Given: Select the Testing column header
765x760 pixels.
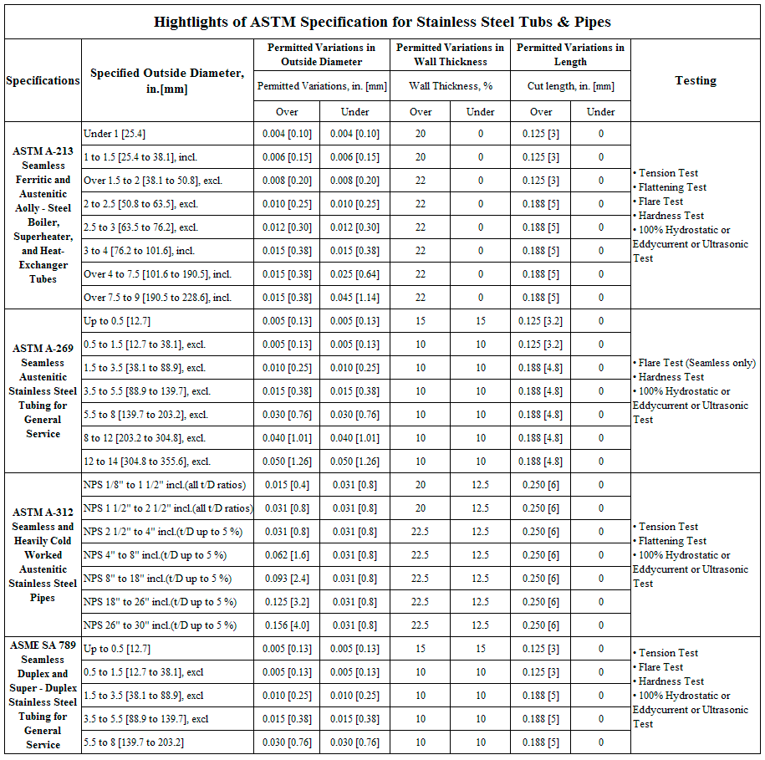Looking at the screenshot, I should point(696,81).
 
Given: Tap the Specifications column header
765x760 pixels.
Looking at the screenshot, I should point(43,81).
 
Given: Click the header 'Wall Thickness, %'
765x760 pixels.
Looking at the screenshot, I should point(450,86).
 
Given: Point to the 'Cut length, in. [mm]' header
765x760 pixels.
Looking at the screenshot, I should point(570,86).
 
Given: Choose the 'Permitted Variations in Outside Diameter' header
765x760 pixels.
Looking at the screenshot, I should point(321,55).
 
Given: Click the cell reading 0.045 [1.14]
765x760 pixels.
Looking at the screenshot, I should point(355,298).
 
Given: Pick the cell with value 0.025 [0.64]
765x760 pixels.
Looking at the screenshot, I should point(355,274).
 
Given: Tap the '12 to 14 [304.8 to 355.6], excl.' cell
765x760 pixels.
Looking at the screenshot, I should point(147,462).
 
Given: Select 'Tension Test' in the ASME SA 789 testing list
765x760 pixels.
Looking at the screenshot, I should point(668,653).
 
